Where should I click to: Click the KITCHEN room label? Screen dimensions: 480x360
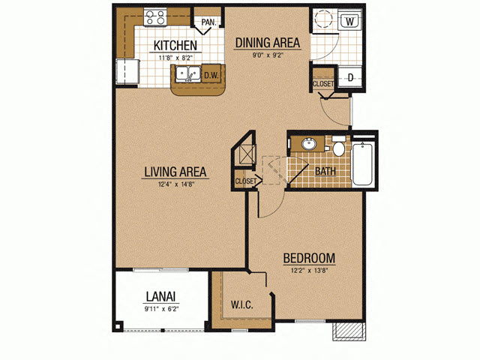tap(175, 46)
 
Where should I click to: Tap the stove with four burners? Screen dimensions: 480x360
tap(155, 17)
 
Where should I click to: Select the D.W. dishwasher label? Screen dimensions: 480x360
tap(211, 75)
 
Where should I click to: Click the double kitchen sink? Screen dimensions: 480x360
tap(188, 73)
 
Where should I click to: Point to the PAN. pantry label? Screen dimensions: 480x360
tap(208, 22)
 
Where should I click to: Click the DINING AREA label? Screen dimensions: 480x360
tap(268, 43)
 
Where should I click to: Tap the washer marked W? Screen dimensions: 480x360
tap(350, 22)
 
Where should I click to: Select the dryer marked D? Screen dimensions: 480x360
tap(350, 77)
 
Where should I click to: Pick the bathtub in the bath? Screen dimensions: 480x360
tap(363, 163)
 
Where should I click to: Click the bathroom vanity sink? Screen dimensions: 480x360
tap(309, 144)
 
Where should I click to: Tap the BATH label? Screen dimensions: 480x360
tap(325, 171)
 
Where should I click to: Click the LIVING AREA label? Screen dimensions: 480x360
tap(175, 172)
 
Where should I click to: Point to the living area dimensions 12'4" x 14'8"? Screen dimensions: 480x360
tap(176, 184)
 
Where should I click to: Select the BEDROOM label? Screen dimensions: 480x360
tap(309, 258)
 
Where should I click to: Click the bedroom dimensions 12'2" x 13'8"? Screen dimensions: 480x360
tap(310, 271)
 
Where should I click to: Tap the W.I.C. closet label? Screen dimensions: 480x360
tap(241, 304)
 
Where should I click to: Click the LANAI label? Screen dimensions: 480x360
tap(160, 297)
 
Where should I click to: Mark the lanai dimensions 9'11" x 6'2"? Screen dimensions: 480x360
tap(161, 309)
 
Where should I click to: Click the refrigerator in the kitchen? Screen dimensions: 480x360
tap(127, 71)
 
